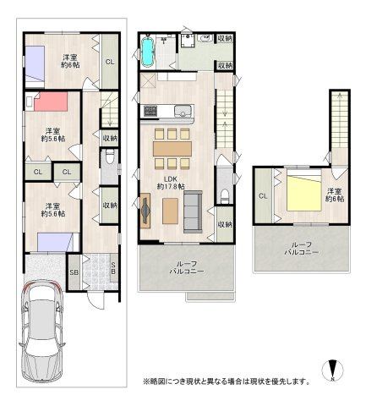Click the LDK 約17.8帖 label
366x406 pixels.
[171, 183]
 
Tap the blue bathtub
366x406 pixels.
[147, 51]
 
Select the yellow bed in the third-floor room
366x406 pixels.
[304, 193]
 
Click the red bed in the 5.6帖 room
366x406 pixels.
[51, 101]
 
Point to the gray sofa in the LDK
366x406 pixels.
[193, 211]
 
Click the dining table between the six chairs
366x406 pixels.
[172, 149]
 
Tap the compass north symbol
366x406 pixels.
[332, 370]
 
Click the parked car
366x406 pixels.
[42, 331]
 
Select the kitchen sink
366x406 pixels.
[183, 111]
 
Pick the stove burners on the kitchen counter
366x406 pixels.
[150, 111]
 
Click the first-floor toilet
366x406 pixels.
[110, 156]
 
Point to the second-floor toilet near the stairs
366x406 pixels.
[225, 195]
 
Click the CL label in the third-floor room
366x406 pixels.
[263, 196]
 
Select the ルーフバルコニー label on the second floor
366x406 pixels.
[187, 267]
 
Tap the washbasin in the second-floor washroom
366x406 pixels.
[205, 38]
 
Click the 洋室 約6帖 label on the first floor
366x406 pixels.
[70, 61]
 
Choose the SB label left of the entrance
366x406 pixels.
[74, 272]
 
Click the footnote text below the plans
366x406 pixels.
[227, 381]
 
